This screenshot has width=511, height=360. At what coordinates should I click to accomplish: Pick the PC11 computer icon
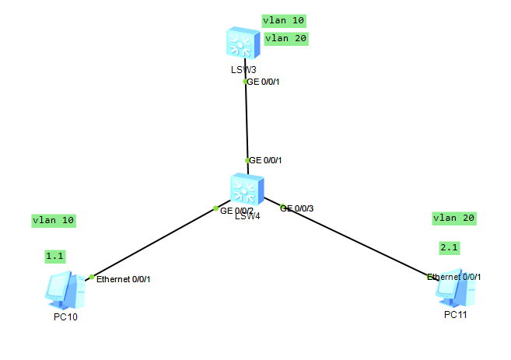point(454,288)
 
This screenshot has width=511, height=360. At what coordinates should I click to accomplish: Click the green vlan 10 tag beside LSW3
point(284,20)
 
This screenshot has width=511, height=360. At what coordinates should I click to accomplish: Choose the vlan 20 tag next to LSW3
point(286,38)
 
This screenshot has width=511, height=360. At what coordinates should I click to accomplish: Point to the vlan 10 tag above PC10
point(54,220)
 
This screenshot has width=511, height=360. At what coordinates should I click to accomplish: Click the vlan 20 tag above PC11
point(453,218)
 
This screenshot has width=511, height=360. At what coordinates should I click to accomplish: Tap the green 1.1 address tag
point(55,256)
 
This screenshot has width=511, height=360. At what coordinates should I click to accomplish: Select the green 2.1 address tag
point(450,247)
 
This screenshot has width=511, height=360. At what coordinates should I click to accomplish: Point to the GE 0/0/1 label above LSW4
point(265,160)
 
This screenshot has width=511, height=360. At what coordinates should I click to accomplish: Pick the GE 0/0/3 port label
point(297,208)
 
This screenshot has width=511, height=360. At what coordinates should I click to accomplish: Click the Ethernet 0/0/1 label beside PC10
point(124,278)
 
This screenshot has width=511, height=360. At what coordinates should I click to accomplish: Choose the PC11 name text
point(456,314)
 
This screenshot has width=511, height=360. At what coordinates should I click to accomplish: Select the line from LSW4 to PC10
point(156,242)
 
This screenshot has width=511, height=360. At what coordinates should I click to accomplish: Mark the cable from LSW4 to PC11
point(358,242)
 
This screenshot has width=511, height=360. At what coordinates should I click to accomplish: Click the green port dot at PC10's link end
point(92,277)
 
